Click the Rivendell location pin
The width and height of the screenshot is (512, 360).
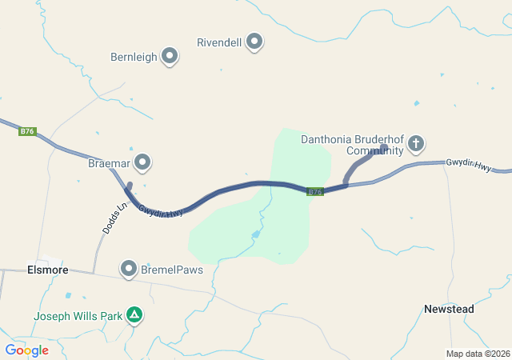[x=254, y=41]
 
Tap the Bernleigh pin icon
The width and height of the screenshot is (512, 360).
[x=170, y=56]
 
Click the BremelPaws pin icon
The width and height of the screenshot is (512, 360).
[x=128, y=269]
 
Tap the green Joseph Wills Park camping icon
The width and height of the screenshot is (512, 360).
[x=135, y=315]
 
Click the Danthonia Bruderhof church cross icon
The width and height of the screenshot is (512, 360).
[x=415, y=144]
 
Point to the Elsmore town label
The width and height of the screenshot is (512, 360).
[x=45, y=270]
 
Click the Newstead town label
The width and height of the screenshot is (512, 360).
[x=449, y=309]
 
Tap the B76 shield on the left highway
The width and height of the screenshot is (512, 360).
[x=28, y=131]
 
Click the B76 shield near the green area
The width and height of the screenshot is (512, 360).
[x=314, y=191]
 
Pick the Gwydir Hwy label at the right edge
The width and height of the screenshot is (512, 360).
[x=468, y=164]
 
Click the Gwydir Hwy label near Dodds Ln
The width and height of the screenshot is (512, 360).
[x=161, y=211]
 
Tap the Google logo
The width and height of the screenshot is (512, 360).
[x=26, y=350]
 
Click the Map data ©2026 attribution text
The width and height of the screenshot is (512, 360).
[x=477, y=354]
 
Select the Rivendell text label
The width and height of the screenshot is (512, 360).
[x=219, y=41]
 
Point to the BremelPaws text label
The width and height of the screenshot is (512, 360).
[x=172, y=270]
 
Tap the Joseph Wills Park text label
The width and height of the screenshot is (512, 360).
[x=78, y=316]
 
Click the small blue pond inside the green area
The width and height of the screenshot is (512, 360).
[x=255, y=234]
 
